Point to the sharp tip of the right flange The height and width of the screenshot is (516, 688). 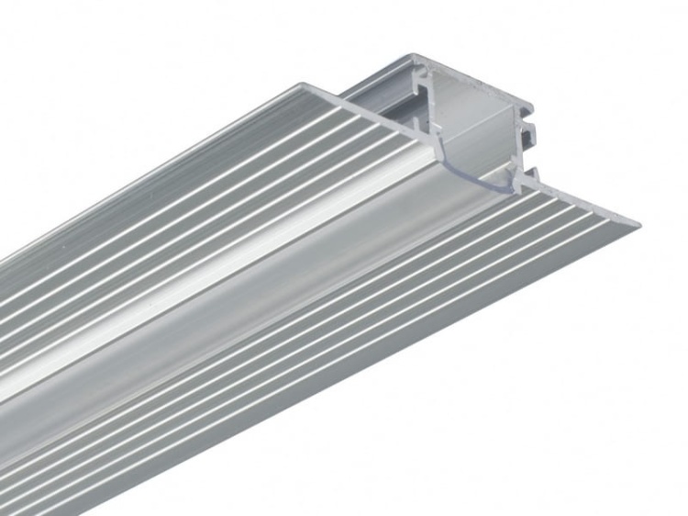pyautogui.click(x=638, y=223)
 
